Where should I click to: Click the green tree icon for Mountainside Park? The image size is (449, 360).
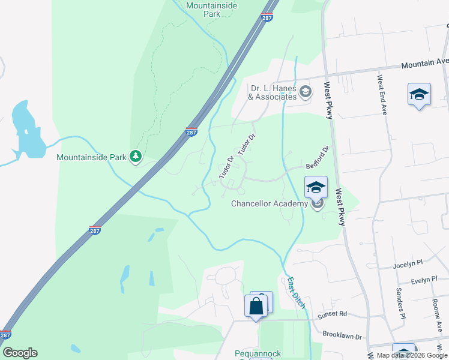coord(136,157)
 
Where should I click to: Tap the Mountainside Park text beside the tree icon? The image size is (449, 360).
coord(91,158)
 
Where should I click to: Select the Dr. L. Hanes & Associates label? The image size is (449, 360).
coord(273,92)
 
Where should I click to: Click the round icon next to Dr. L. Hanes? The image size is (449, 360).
coord(306,92)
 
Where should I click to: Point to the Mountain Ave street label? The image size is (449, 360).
coord(425,63)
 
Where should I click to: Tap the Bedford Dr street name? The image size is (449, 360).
coord(318,157)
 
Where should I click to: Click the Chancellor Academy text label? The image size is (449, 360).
coord(270,204)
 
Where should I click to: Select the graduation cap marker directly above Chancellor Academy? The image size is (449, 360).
coord(316,188)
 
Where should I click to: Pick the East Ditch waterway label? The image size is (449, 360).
coord(296,292)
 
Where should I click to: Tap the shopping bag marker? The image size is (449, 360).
coord(256,305)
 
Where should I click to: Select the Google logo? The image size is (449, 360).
coord(20,353)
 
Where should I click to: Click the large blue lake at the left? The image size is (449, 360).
coord(27,130)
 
